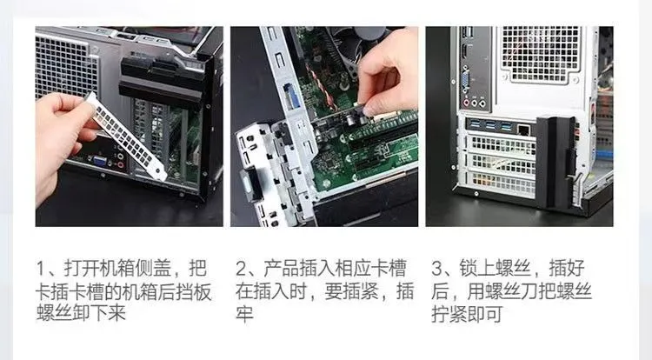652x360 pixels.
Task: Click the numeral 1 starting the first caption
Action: click(40, 268)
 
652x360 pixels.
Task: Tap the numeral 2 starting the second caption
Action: click(241, 268)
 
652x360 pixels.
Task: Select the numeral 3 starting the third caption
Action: click(436, 268)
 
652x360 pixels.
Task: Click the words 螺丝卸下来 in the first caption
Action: click(81, 313)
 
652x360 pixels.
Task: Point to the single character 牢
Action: click(244, 313)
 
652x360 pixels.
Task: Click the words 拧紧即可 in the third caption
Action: click(467, 314)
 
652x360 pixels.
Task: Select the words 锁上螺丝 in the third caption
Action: click(495, 268)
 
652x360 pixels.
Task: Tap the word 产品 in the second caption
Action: click(282, 268)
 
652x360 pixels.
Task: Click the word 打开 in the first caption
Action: click(82, 268)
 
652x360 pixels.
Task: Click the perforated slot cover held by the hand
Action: click(126, 137)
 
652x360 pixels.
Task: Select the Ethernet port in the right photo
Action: click(524, 130)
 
